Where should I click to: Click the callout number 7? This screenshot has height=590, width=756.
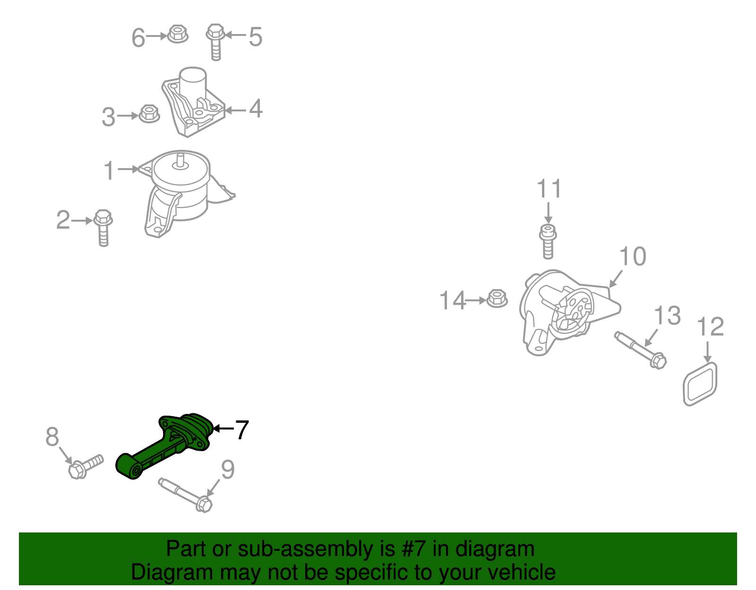241,430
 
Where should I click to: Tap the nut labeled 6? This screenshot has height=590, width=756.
178,34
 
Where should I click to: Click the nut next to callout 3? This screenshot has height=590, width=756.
149,113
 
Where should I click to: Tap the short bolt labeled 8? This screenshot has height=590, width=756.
85,466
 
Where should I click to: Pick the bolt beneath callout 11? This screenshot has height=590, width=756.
548,241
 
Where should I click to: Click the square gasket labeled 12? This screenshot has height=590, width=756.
700,384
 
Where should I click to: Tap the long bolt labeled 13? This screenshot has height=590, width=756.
641,350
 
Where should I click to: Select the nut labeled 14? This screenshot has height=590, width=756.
496,298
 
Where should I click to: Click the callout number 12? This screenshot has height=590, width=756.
710,327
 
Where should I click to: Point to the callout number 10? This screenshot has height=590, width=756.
632,257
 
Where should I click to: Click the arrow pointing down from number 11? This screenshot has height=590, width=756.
548,213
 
